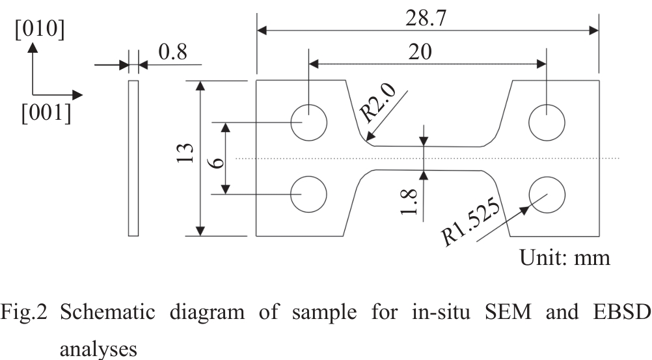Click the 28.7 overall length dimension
click(x=428, y=18)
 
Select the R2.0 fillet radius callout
click(x=377, y=104)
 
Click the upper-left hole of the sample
click(x=308, y=122)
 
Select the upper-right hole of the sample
click(x=547, y=122)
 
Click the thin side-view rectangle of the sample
click(x=133, y=158)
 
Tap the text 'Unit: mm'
click(x=565, y=258)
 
